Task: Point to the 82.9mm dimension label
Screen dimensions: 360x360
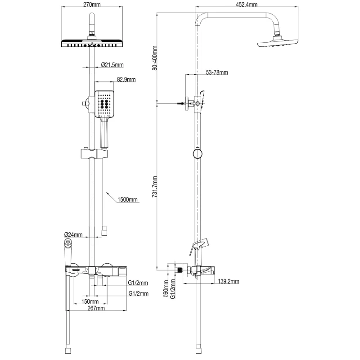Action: coord(126,79)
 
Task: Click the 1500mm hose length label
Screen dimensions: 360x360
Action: coord(127,199)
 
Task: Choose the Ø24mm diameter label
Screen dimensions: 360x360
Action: coord(73,234)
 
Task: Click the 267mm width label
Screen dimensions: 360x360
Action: coord(96,308)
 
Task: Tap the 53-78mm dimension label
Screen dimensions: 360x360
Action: coord(217,72)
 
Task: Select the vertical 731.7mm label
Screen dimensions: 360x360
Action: coord(155,187)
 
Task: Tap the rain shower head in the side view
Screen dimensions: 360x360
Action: coord(278,43)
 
